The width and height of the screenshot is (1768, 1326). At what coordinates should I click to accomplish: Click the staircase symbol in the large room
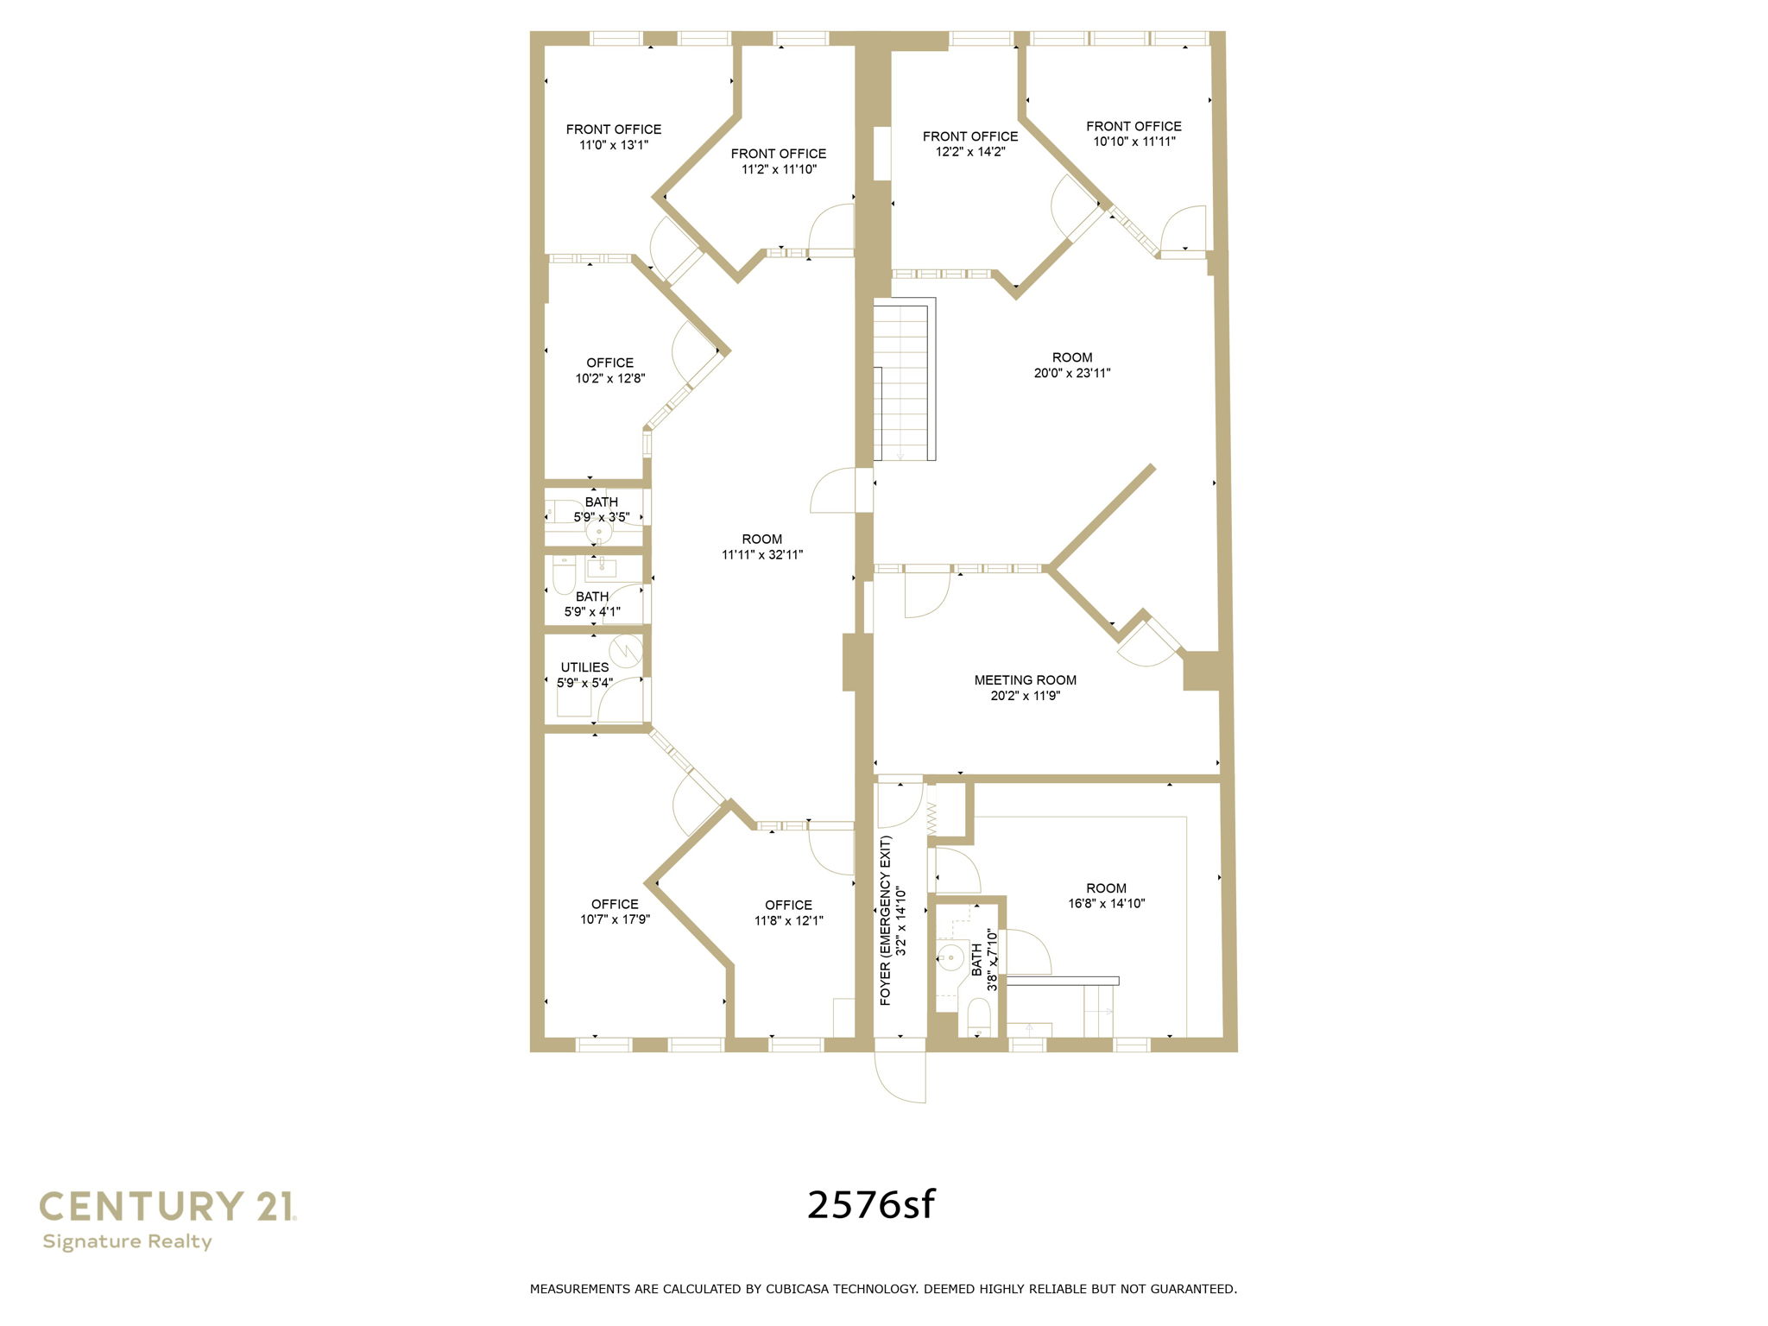click(x=904, y=380)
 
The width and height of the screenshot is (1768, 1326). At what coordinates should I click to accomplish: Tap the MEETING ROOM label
click(x=1025, y=680)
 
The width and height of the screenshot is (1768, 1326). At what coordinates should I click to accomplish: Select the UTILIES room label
click(x=584, y=667)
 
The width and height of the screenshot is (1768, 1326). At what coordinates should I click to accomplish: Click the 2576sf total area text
click(x=870, y=1204)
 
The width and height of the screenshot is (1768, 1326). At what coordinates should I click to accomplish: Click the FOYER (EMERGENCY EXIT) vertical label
click(x=885, y=920)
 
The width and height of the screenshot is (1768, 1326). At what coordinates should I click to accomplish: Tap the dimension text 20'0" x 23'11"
click(x=1072, y=374)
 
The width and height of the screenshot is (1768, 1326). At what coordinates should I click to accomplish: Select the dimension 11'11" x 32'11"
click(x=762, y=555)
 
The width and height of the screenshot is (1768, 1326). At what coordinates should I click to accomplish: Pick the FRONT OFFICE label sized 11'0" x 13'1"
click(x=614, y=129)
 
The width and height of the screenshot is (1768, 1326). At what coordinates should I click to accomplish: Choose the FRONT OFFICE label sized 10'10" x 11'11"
click(x=1133, y=126)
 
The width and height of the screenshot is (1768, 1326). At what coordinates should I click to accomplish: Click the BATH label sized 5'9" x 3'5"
click(x=602, y=502)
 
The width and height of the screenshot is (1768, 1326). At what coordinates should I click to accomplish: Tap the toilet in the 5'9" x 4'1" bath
click(x=564, y=575)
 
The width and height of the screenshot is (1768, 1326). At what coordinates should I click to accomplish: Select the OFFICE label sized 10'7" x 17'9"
click(x=615, y=904)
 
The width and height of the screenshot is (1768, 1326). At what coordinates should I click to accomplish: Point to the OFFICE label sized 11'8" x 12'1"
click(x=788, y=905)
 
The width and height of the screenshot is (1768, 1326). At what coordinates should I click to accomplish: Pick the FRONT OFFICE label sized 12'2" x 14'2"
click(x=969, y=136)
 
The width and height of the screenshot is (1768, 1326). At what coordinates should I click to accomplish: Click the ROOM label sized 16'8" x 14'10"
click(x=1106, y=888)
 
